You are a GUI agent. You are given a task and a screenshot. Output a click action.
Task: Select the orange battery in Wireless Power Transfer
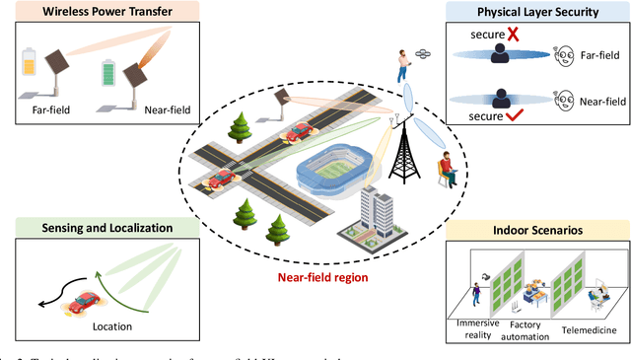tap(32, 64)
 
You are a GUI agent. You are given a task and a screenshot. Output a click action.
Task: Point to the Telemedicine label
tap(589, 333)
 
